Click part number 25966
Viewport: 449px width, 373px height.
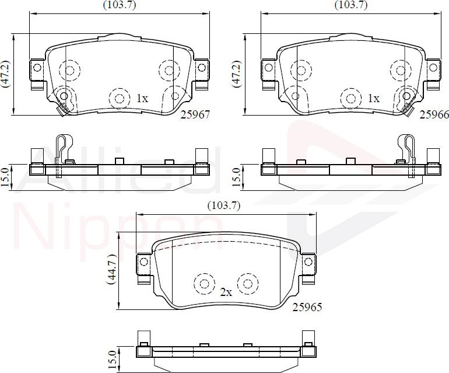(x=434, y=115)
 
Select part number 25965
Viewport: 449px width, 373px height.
(x=307, y=306)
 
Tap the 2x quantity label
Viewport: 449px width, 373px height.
(x=226, y=292)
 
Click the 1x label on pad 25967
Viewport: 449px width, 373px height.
(x=142, y=99)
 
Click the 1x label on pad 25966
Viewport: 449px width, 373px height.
(x=373, y=99)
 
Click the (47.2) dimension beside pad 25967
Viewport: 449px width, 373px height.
(x=6, y=74)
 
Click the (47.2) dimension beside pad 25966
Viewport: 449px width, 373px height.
(x=237, y=74)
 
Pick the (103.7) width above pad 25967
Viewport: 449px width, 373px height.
(x=120, y=5)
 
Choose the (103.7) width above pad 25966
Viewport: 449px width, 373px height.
(x=351, y=5)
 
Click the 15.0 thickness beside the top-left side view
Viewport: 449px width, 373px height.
(x=6, y=177)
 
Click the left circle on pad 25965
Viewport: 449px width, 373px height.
(x=204, y=284)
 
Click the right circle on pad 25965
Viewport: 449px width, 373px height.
(x=248, y=284)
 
